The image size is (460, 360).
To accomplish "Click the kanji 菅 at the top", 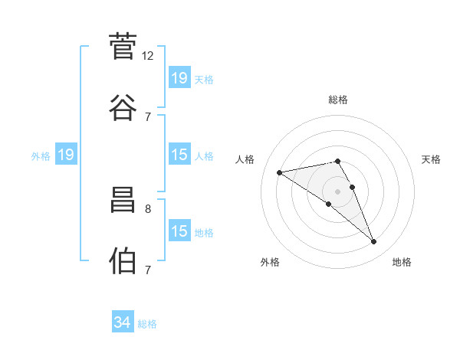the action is click(123, 46).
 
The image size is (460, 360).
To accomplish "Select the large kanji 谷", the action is click(123, 107).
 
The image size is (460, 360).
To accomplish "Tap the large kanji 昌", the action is click(123, 200).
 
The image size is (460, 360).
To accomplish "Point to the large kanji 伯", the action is click(123, 260).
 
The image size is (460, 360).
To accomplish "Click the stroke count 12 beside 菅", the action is click(147, 56).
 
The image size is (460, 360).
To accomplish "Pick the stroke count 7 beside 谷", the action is click(148, 117).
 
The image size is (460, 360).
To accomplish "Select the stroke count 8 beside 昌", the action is click(148, 209).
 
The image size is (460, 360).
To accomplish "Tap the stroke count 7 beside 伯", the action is click(148, 270).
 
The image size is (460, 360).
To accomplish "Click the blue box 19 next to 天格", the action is click(180, 77).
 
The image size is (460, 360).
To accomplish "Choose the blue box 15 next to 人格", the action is click(180, 154).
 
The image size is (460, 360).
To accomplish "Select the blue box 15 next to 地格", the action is click(180, 230).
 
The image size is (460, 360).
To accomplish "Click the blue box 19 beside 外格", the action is click(66, 154).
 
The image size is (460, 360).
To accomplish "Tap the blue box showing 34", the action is click(123, 321).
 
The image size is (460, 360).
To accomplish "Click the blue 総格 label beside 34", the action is click(147, 324).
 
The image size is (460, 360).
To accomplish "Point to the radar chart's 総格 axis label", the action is click(338, 100).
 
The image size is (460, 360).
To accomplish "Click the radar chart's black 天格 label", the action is click(431, 159).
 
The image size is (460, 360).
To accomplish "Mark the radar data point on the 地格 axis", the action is click(374, 242).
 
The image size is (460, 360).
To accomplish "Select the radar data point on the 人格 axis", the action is click(280, 172).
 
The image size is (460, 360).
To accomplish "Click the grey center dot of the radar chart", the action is click(337, 191).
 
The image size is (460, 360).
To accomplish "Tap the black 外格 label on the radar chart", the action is click(270, 262).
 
